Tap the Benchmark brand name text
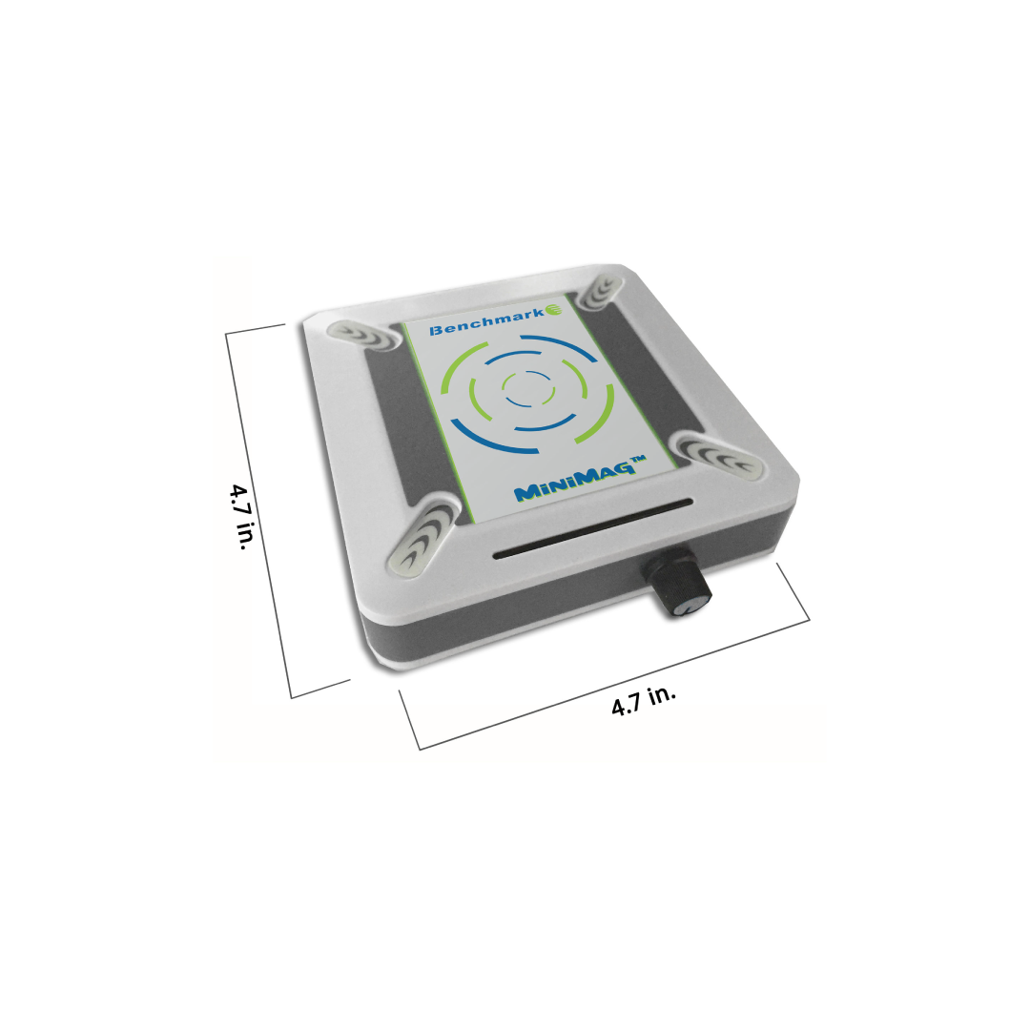coord(486,321)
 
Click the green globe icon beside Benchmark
coord(554,310)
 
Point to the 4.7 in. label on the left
coord(239,516)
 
